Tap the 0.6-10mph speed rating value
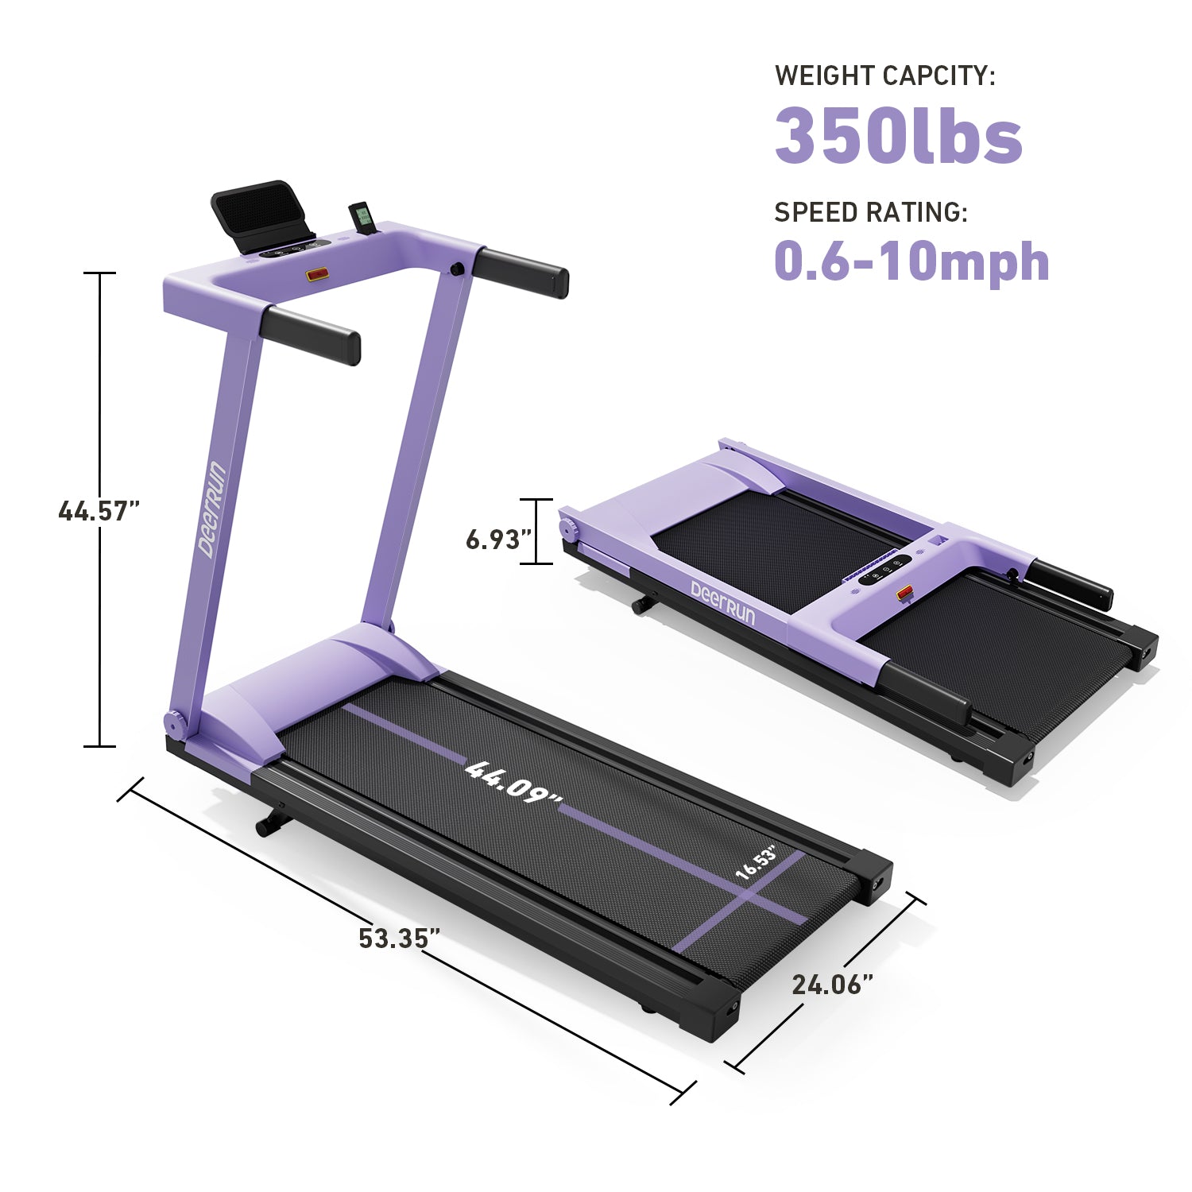click(x=911, y=261)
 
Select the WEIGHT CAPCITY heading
click(x=884, y=75)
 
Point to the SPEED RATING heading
click(x=871, y=212)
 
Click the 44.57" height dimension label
click(x=99, y=510)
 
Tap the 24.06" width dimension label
click(x=832, y=985)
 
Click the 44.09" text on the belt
click(x=513, y=783)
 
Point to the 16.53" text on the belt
click(x=756, y=863)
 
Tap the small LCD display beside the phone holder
click(x=362, y=219)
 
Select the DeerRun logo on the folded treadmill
click(x=722, y=602)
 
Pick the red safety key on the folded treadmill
click(x=905, y=593)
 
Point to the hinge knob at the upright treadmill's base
click(x=174, y=723)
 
